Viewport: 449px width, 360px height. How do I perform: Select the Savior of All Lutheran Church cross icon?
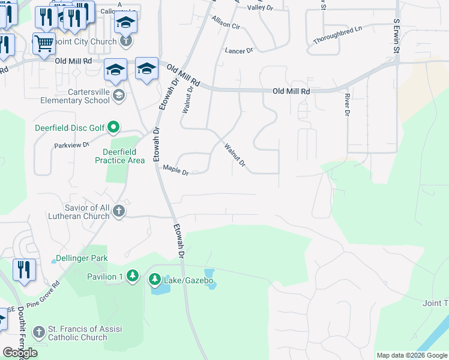coord(119,211)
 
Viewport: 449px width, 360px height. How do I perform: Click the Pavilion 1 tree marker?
coord(133,277)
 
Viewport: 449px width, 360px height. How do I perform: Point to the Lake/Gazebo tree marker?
coord(155,279)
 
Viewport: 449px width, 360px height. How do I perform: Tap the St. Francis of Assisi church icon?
coord(39,332)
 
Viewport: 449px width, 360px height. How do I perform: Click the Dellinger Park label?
coord(81,259)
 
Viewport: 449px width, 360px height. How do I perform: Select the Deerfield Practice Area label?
coord(119,156)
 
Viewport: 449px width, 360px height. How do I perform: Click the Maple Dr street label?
coord(176,171)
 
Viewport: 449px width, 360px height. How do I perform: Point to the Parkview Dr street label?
coord(71,145)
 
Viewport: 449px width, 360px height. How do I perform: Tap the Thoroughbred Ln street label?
coord(338,35)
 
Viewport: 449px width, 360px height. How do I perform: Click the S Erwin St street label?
coord(396,35)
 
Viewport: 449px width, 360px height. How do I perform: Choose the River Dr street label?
coord(347,104)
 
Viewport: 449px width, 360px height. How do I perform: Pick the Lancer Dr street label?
coord(239,51)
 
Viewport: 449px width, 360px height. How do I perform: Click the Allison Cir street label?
coord(226,23)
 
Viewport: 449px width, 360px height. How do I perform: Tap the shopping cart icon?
coord(44,43)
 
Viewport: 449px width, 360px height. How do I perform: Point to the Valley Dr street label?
coord(261,7)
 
